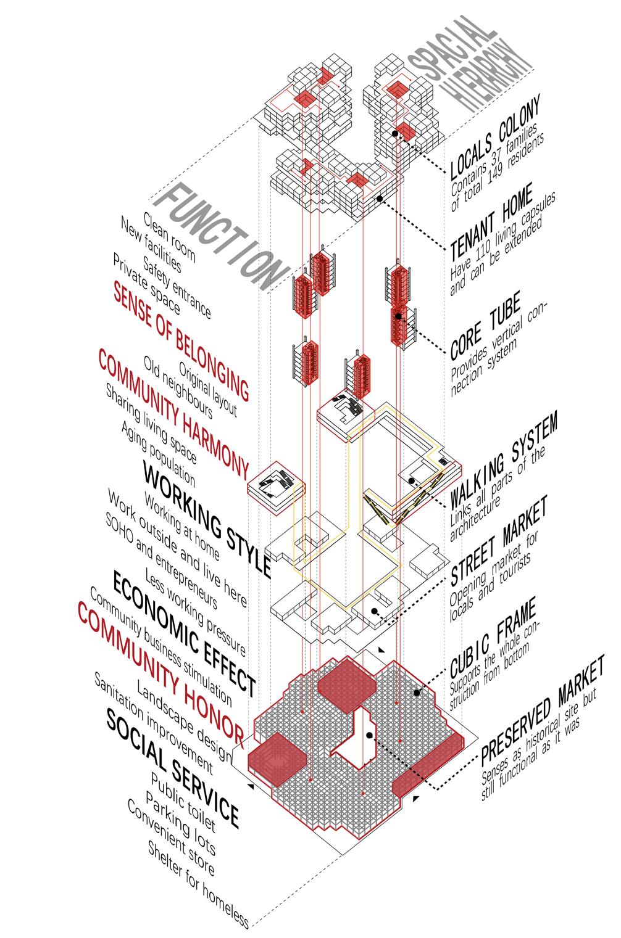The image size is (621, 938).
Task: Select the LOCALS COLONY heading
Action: (x=495, y=136)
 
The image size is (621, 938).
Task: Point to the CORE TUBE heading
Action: (x=485, y=325)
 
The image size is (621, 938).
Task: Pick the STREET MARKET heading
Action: (x=499, y=540)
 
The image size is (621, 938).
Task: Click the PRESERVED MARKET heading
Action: (x=542, y=712)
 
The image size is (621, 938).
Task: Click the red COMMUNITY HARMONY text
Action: (x=173, y=413)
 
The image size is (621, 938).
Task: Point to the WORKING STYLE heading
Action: (x=207, y=519)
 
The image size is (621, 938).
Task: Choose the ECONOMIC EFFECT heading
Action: (x=185, y=632)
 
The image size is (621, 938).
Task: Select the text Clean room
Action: (x=169, y=237)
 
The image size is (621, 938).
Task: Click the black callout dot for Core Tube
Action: (x=398, y=316)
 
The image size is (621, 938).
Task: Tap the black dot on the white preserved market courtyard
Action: (x=369, y=735)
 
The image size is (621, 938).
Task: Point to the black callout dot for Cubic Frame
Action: (x=417, y=693)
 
